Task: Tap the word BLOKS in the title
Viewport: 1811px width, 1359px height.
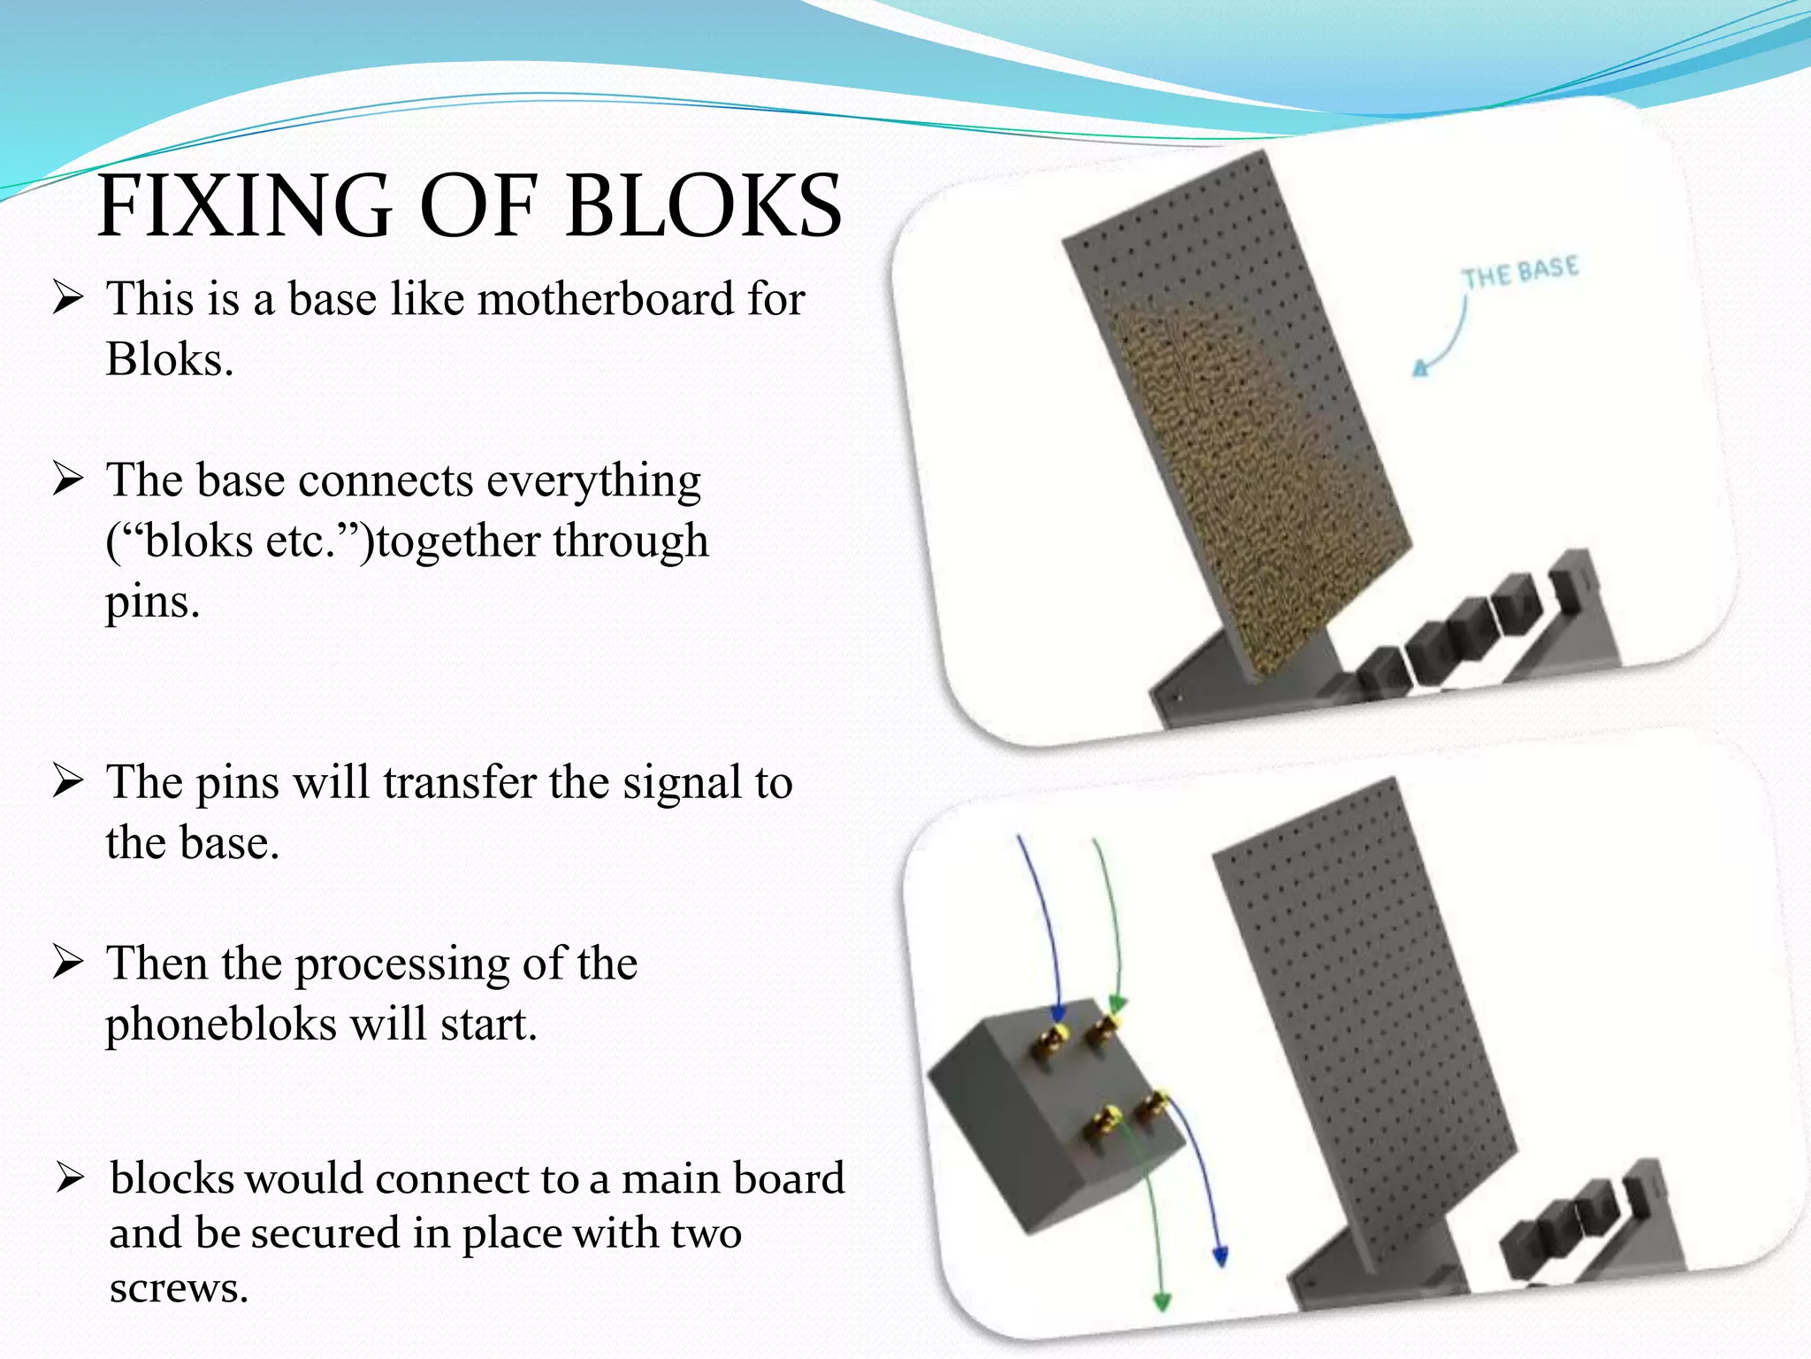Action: click(703, 207)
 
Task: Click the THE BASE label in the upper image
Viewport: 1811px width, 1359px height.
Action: click(1519, 272)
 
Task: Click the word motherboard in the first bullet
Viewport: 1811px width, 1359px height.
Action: click(606, 299)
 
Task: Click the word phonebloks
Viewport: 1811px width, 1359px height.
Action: click(221, 1025)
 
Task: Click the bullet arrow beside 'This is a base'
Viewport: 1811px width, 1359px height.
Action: click(67, 297)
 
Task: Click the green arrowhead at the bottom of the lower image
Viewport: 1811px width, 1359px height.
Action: click(1162, 1300)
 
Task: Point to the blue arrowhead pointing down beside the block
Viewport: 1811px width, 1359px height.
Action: click(1220, 1255)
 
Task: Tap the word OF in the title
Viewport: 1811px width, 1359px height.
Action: click(478, 207)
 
